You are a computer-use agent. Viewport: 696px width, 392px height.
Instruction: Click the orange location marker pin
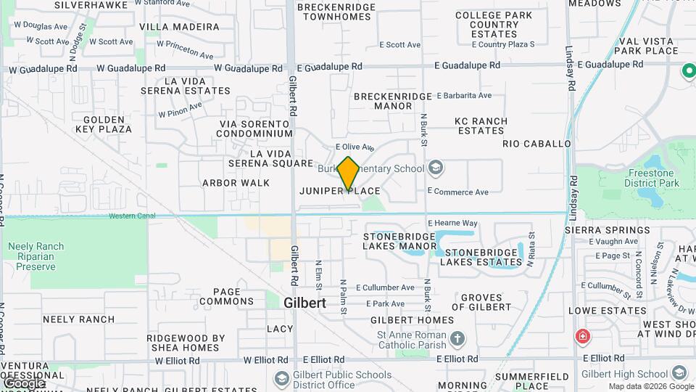(349, 173)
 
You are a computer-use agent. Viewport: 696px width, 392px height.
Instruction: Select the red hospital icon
(581, 337)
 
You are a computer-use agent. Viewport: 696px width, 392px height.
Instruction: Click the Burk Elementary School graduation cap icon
(435, 169)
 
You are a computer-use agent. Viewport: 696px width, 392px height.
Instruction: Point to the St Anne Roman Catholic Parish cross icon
(457, 338)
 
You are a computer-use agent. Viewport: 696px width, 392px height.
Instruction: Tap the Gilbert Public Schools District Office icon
(281, 379)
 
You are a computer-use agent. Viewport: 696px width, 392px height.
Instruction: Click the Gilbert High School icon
(679, 372)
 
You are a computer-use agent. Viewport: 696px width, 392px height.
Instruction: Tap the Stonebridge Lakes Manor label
(400, 241)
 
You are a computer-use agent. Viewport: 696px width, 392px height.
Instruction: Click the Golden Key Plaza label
(107, 124)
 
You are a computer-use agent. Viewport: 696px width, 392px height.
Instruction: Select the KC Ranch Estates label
(480, 126)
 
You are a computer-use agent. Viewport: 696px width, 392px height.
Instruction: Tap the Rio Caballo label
(536, 144)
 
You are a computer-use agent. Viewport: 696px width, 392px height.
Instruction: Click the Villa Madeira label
(179, 27)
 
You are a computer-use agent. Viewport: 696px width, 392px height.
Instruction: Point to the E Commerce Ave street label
(457, 192)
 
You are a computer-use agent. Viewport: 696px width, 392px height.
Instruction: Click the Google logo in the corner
(24, 383)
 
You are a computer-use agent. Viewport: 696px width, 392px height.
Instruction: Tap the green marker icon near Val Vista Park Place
(688, 71)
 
